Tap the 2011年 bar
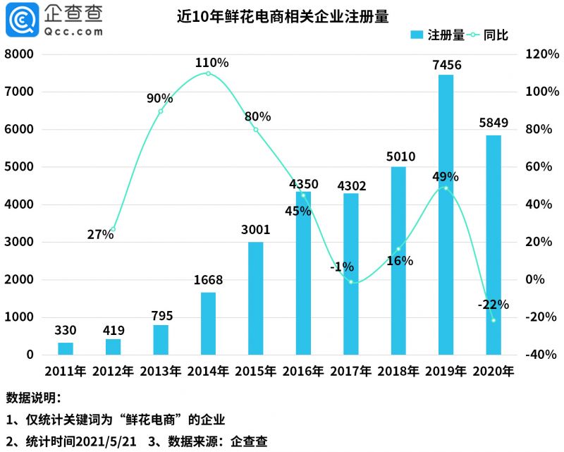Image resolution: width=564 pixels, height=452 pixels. (66, 348)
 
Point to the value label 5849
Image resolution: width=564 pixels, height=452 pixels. (493, 122)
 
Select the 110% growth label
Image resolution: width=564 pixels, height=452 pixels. (211, 63)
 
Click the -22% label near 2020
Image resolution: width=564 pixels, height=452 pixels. (493, 305)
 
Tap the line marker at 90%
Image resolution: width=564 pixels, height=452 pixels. (161, 111)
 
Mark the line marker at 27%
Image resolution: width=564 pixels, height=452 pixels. (113, 230)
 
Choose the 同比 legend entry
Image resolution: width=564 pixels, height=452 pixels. (496, 35)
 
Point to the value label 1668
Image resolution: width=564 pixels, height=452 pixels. (208, 280)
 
